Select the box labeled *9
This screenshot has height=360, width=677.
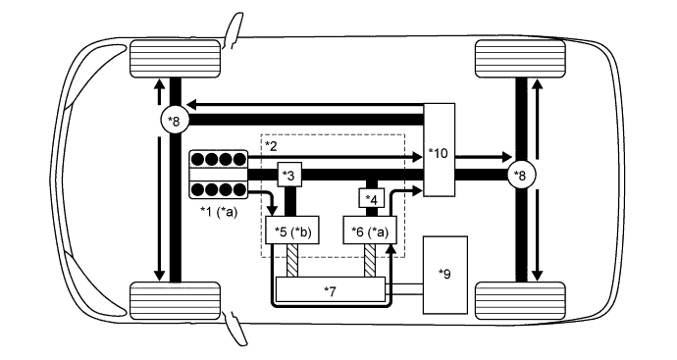tap(445, 275)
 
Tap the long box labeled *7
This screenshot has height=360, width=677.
tap(331, 290)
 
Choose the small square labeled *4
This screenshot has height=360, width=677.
tap(372, 200)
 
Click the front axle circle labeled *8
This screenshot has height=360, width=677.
tap(174, 120)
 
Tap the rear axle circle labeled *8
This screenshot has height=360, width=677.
tap(520, 175)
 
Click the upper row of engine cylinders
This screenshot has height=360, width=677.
tap(217, 160)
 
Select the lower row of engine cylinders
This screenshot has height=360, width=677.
tap(217, 189)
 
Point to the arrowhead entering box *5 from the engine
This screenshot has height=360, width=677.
tap(272, 212)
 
